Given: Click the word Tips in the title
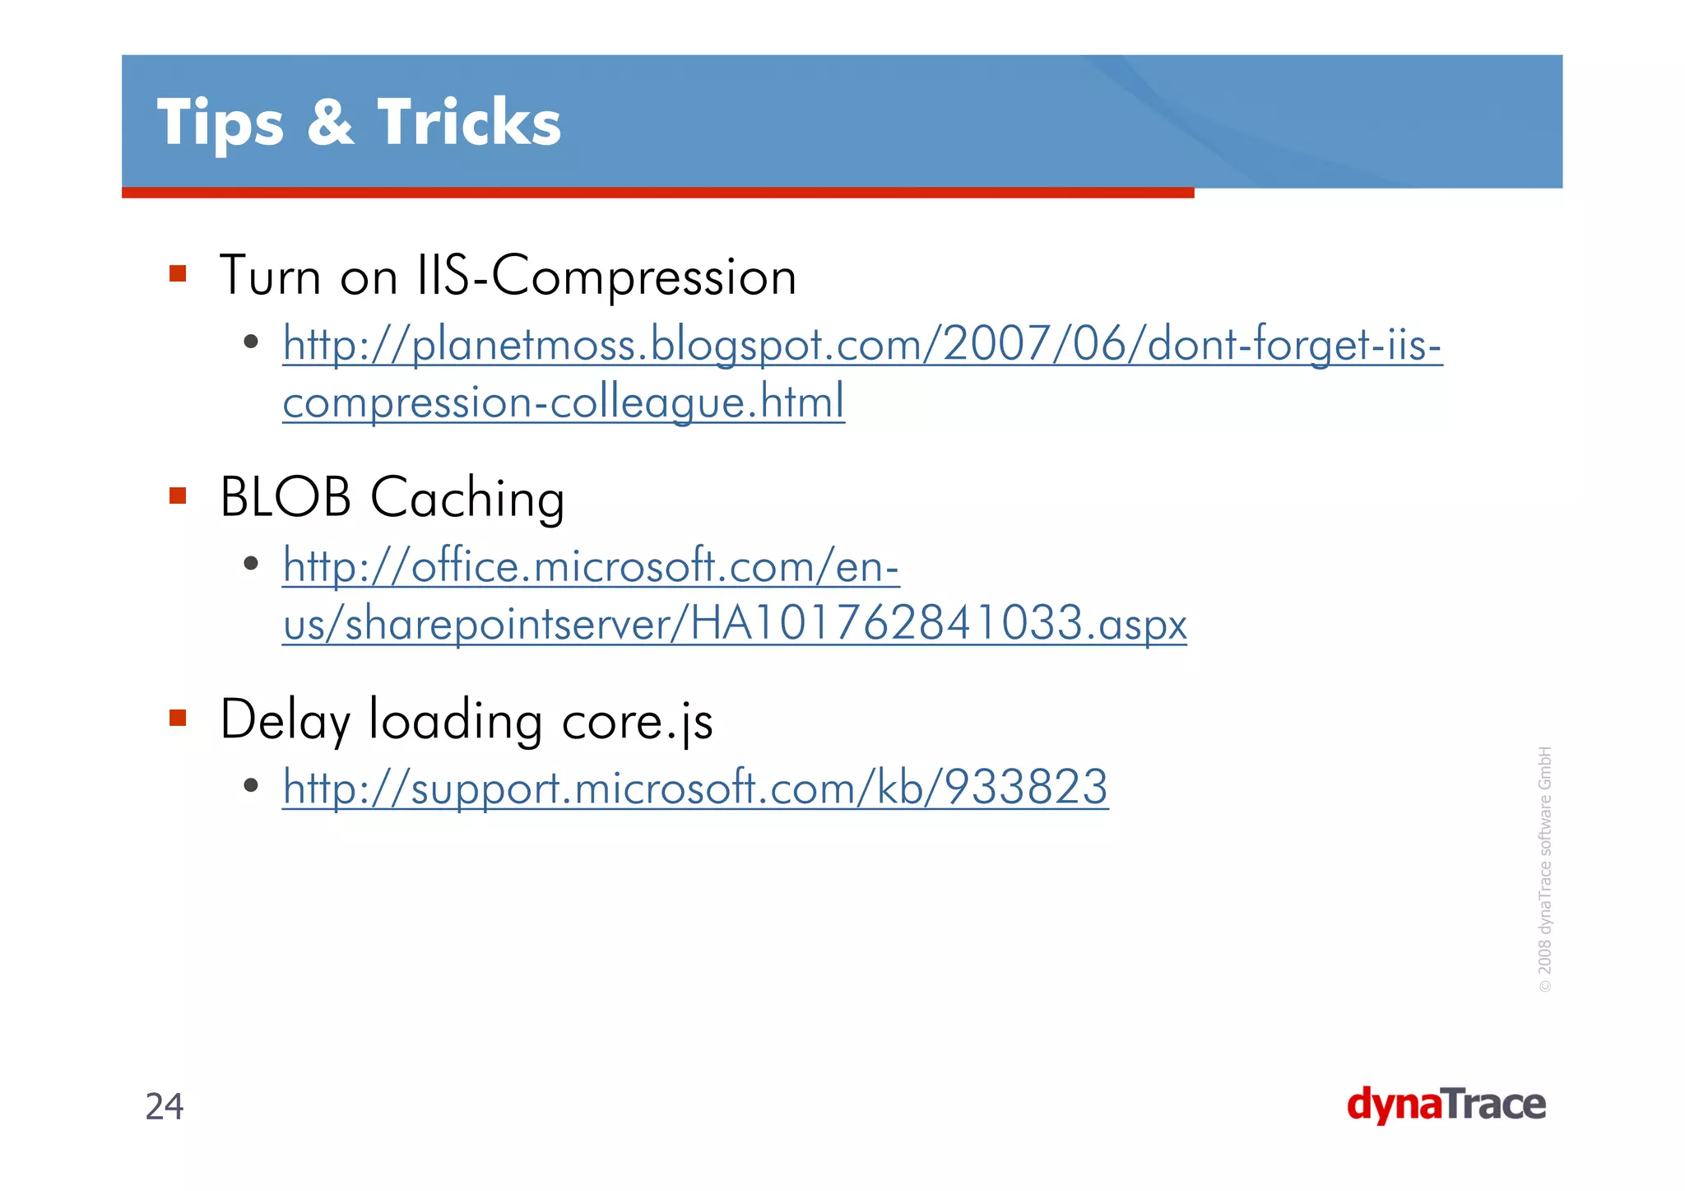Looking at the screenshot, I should (x=220, y=123).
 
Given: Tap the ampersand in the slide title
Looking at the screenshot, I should (x=330, y=123).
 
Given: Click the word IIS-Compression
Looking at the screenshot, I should (x=607, y=276).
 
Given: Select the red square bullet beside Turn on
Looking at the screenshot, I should (x=178, y=273).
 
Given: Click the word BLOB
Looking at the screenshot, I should (x=285, y=497).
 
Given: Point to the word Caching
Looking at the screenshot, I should (x=467, y=499).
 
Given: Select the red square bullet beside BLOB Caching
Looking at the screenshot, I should (x=178, y=495).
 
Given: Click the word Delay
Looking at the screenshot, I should (x=285, y=721).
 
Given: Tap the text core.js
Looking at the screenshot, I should (x=637, y=721).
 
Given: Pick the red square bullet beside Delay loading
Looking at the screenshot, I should (x=178, y=718).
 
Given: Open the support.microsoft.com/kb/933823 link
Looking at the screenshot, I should (x=695, y=788).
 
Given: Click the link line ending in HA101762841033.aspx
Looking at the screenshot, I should (x=734, y=623).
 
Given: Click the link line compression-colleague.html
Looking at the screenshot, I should (x=564, y=402).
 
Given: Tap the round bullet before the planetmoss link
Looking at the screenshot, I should (x=252, y=341).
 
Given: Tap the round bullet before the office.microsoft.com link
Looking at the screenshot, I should (x=252, y=564).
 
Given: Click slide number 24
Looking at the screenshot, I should (x=165, y=1107).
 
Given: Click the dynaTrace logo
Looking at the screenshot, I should (x=1446, y=1105).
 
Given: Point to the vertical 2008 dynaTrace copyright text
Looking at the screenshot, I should (x=1544, y=868).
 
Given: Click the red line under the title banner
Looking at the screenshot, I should (x=658, y=193).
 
